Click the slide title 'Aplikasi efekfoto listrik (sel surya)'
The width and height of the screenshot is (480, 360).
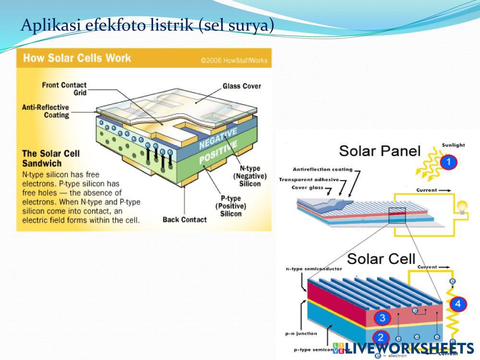pos(147,24)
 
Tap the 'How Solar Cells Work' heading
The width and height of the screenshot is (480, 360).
pos(77,59)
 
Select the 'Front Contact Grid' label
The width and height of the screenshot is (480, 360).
pos(64,89)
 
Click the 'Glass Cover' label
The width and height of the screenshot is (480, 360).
pos(241,86)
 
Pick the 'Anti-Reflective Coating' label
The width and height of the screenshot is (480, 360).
pos(46,111)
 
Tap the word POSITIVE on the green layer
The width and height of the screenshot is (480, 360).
pos(218,153)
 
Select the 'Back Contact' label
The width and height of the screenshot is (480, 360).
pos(184,220)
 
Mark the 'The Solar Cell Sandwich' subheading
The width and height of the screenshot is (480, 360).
pos(51,158)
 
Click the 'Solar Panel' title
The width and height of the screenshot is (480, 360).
pos(380,151)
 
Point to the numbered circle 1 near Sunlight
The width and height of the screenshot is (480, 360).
pos(448,162)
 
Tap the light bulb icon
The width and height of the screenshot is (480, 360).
pos(462,207)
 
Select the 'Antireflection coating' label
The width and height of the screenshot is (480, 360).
pos(322,169)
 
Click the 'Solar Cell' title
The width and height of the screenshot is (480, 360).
pos(381,259)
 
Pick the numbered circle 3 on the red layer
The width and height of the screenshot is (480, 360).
pos(382,317)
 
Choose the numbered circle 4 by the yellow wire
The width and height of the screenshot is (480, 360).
pos(458,304)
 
